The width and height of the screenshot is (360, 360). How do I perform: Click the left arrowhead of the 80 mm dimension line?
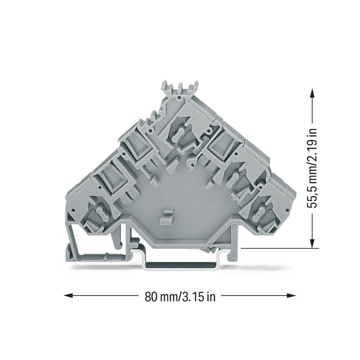pyautogui.click(x=68, y=296)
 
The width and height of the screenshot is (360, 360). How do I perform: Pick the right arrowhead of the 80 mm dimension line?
pyautogui.click(x=291, y=296)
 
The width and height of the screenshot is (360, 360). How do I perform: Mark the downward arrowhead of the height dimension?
pyautogui.click(x=312, y=243)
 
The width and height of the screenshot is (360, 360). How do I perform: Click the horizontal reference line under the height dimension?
pyautogui.click(x=279, y=248)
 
